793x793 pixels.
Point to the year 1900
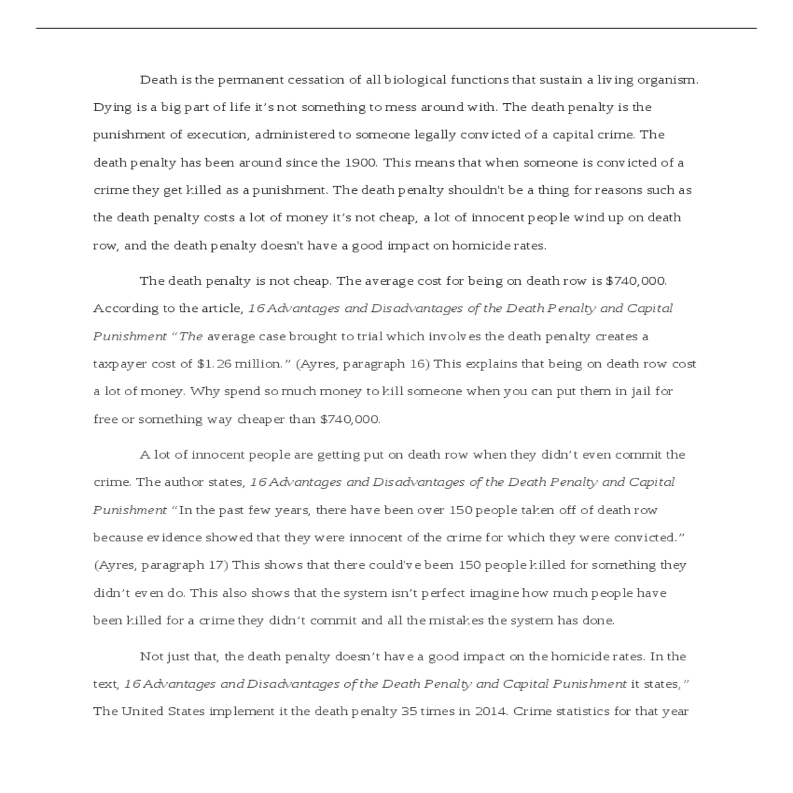(360, 163)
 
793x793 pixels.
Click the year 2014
(490, 712)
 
